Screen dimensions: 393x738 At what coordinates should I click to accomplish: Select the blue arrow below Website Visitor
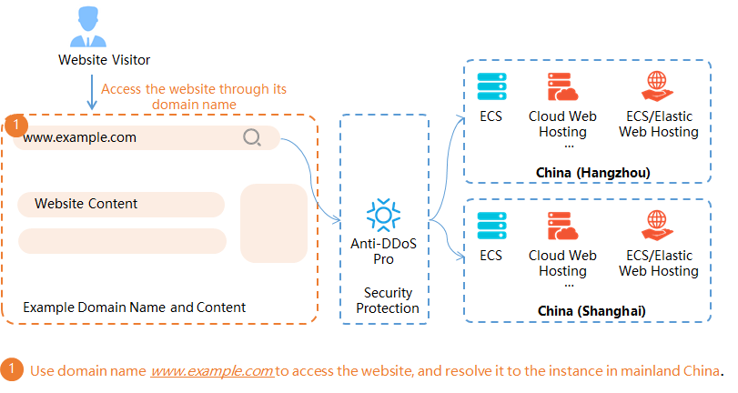(91, 92)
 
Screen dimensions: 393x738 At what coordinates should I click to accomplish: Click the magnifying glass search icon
(252, 138)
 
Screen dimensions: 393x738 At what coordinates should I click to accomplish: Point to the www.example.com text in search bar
(80, 138)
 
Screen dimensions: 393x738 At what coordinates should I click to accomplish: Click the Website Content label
(86, 204)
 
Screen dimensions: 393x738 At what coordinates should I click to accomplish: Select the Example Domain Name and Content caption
(134, 307)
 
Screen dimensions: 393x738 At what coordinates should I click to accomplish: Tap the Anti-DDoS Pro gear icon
(383, 215)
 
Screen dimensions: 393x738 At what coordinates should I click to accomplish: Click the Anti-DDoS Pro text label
(383, 251)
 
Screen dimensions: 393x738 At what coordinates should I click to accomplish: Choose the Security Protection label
(388, 300)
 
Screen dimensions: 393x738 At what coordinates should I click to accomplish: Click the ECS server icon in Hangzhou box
(491, 86)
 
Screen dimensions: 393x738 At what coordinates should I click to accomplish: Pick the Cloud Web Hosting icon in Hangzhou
(562, 86)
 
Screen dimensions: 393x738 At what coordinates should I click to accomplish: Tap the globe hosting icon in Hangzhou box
(658, 86)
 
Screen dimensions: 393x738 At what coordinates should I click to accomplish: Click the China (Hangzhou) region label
(592, 172)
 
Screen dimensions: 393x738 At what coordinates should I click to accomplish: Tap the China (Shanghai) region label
(591, 311)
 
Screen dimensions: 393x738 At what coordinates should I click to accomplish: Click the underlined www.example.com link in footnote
(212, 371)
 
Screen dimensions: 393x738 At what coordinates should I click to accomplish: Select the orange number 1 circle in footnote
(12, 370)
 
